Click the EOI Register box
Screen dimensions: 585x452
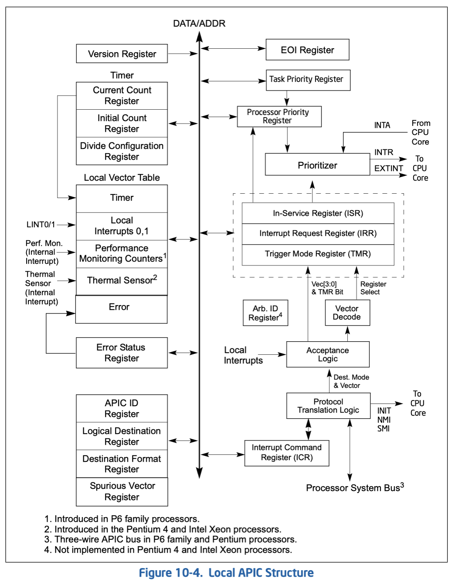(x=307, y=50)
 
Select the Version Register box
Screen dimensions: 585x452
(x=122, y=54)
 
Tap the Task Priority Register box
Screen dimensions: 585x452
(x=308, y=80)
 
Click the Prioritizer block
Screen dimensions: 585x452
(x=317, y=165)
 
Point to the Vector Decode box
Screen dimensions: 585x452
(x=347, y=313)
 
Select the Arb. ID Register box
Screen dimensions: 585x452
(x=265, y=313)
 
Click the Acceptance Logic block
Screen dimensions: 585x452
(x=327, y=354)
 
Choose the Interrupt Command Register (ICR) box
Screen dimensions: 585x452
(x=286, y=453)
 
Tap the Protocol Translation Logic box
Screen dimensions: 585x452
(x=328, y=406)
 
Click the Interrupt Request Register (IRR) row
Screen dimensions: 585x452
(x=318, y=233)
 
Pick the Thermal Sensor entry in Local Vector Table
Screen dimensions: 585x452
(x=122, y=281)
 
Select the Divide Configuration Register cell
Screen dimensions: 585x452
(x=122, y=151)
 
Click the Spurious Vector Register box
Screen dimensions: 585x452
(x=122, y=491)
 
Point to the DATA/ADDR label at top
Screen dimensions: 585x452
(x=199, y=24)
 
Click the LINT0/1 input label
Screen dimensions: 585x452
(x=41, y=225)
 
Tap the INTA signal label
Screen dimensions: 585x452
(x=382, y=125)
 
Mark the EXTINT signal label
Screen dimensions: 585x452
(x=388, y=168)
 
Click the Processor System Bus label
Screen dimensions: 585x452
(x=354, y=487)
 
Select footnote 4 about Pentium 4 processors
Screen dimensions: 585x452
(x=168, y=550)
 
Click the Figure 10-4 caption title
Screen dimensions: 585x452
(x=226, y=573)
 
